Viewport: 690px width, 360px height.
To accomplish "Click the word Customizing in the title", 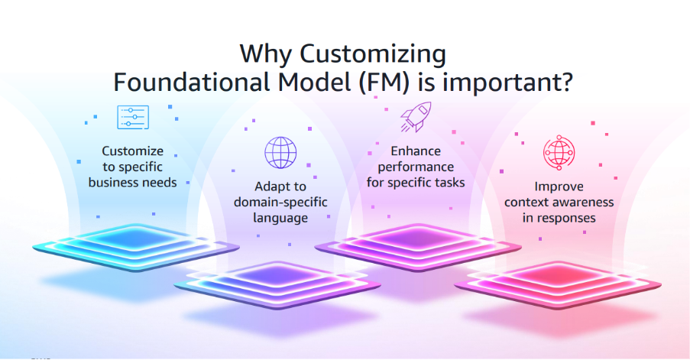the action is coord(373,54).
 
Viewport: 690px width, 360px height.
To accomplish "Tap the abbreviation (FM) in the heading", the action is coord(384,83).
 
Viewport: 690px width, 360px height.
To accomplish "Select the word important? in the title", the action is coord(508,83).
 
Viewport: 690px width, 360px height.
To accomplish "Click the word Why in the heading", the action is coord(266,54).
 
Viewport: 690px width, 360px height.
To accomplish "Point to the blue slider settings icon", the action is coord(133,117).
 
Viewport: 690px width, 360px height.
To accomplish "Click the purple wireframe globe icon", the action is coord(280,152).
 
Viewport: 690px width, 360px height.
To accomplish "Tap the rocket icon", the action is coord(416,117).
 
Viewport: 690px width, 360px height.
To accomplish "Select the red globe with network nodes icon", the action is coord(559,153).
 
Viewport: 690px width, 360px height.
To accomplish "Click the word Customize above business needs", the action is coord(133,151).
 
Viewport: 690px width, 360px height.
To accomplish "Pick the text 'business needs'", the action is coord(132,183).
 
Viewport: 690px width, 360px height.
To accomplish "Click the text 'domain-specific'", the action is coord(280,203).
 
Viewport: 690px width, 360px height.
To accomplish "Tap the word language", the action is coord(280,219).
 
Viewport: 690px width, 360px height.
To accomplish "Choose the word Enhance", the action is coord(416,151).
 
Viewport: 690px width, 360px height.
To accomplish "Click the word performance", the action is coord(416,167).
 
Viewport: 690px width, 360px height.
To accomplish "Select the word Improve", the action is coord(559,186).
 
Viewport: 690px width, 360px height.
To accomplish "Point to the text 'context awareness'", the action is coord(559,203).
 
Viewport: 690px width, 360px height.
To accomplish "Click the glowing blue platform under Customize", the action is coord(136,247).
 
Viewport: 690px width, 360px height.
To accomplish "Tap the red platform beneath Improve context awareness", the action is coord(558,284).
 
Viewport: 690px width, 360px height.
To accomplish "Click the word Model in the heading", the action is coord(315,83).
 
